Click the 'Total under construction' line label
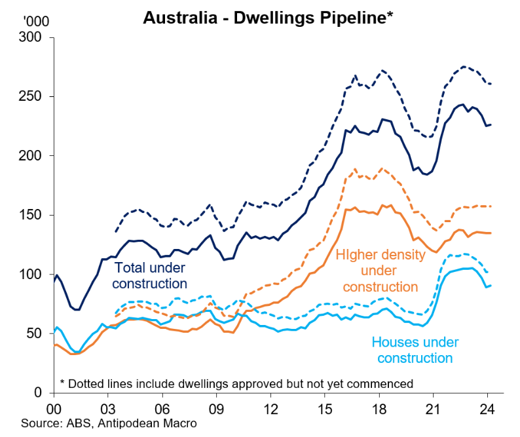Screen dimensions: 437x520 click(151, 275)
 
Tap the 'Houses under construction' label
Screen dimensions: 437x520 click(415, 350)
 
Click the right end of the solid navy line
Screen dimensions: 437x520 click(491, 124)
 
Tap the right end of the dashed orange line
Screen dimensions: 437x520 click(491, 206)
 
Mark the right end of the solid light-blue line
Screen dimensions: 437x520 click(491, 285)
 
